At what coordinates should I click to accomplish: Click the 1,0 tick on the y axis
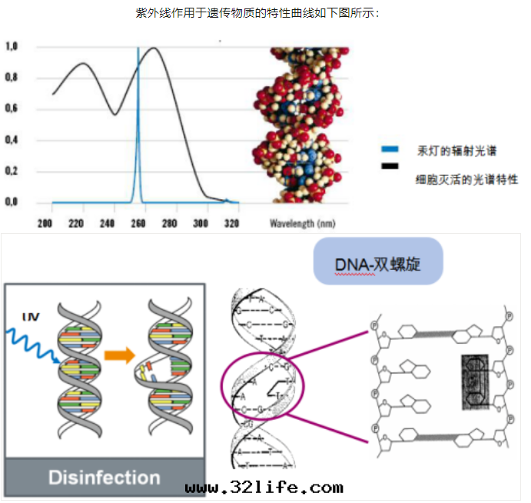tap(12, 47)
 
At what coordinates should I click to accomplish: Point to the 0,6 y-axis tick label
tap(12, 108)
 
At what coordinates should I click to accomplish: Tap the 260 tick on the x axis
tap(138, 224)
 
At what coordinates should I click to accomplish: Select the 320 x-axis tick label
tap(232, 224)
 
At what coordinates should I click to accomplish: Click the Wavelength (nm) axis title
tap(303, 224)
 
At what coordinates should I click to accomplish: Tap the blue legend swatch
tap(390, 148)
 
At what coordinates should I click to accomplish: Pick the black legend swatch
tap(390, 166)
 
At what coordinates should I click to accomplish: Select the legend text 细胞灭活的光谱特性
tap(465, 179)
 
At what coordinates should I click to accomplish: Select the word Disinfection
tap(105, 477)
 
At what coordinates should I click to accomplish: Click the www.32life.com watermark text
tap(264, 488)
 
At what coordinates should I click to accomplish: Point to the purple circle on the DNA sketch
tap(263, 386)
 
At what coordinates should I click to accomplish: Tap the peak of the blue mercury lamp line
tap(138, 49)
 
